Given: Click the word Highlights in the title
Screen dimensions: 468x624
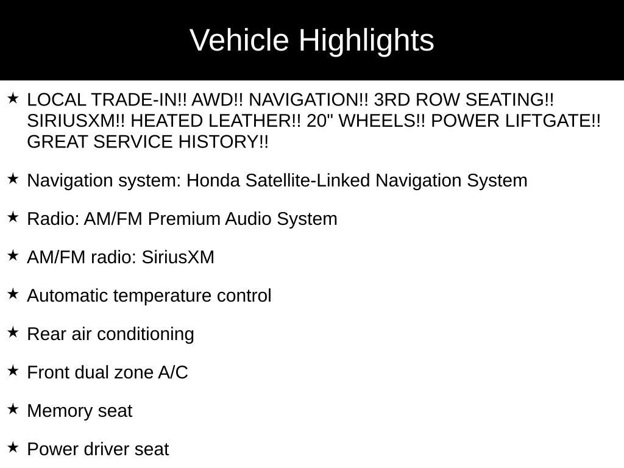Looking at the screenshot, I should tap(366, 41).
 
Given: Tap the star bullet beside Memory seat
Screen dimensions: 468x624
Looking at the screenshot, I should tap(13, 409).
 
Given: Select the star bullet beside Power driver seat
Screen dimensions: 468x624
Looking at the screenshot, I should tap(13, 448).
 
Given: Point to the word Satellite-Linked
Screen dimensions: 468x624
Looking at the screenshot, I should tap(308, 181).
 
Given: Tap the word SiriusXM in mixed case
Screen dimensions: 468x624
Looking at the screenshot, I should tap(178, 258).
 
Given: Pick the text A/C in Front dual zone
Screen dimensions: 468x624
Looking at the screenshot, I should tap(173, 373).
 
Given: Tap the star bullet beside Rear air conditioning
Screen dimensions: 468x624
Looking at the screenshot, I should tap(13, 333).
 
